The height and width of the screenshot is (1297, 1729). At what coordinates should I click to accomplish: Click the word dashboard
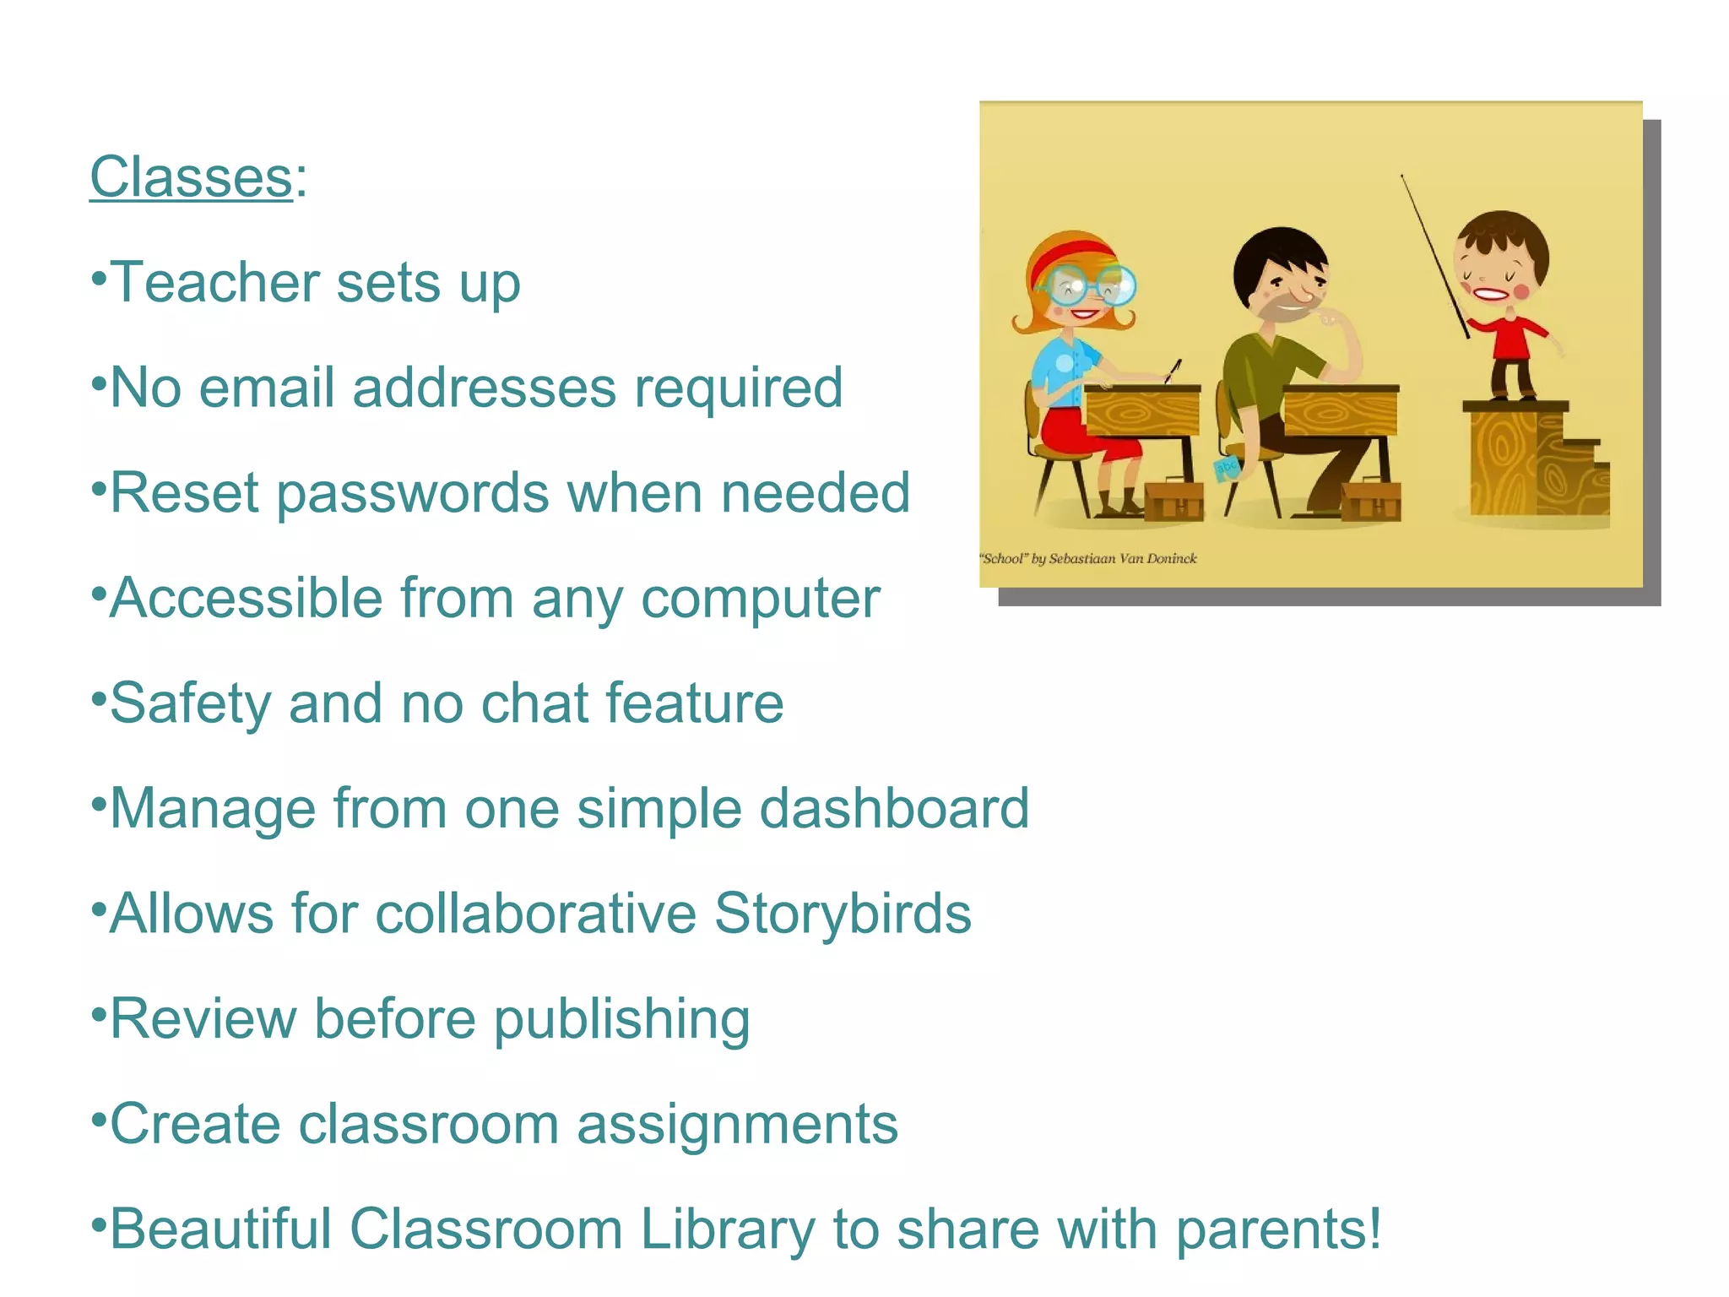pos(894,808)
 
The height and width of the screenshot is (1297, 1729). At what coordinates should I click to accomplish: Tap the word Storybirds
pos(843,914)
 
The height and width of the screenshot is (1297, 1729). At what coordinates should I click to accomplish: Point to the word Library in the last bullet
pos(727,1229)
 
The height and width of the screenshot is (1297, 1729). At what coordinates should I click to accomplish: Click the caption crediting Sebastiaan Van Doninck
pos(1088,558)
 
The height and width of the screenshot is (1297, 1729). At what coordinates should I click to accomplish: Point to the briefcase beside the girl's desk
pos(1173,500)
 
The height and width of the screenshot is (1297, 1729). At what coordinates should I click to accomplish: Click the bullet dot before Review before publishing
pos(99,1012)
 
